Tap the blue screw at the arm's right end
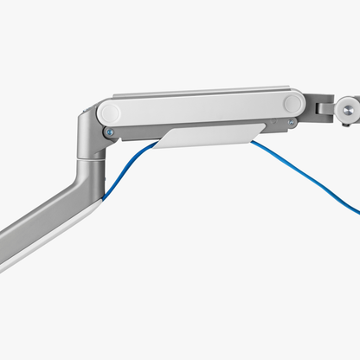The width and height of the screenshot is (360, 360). pos(292,122)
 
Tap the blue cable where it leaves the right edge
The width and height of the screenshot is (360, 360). pos(356,213)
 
